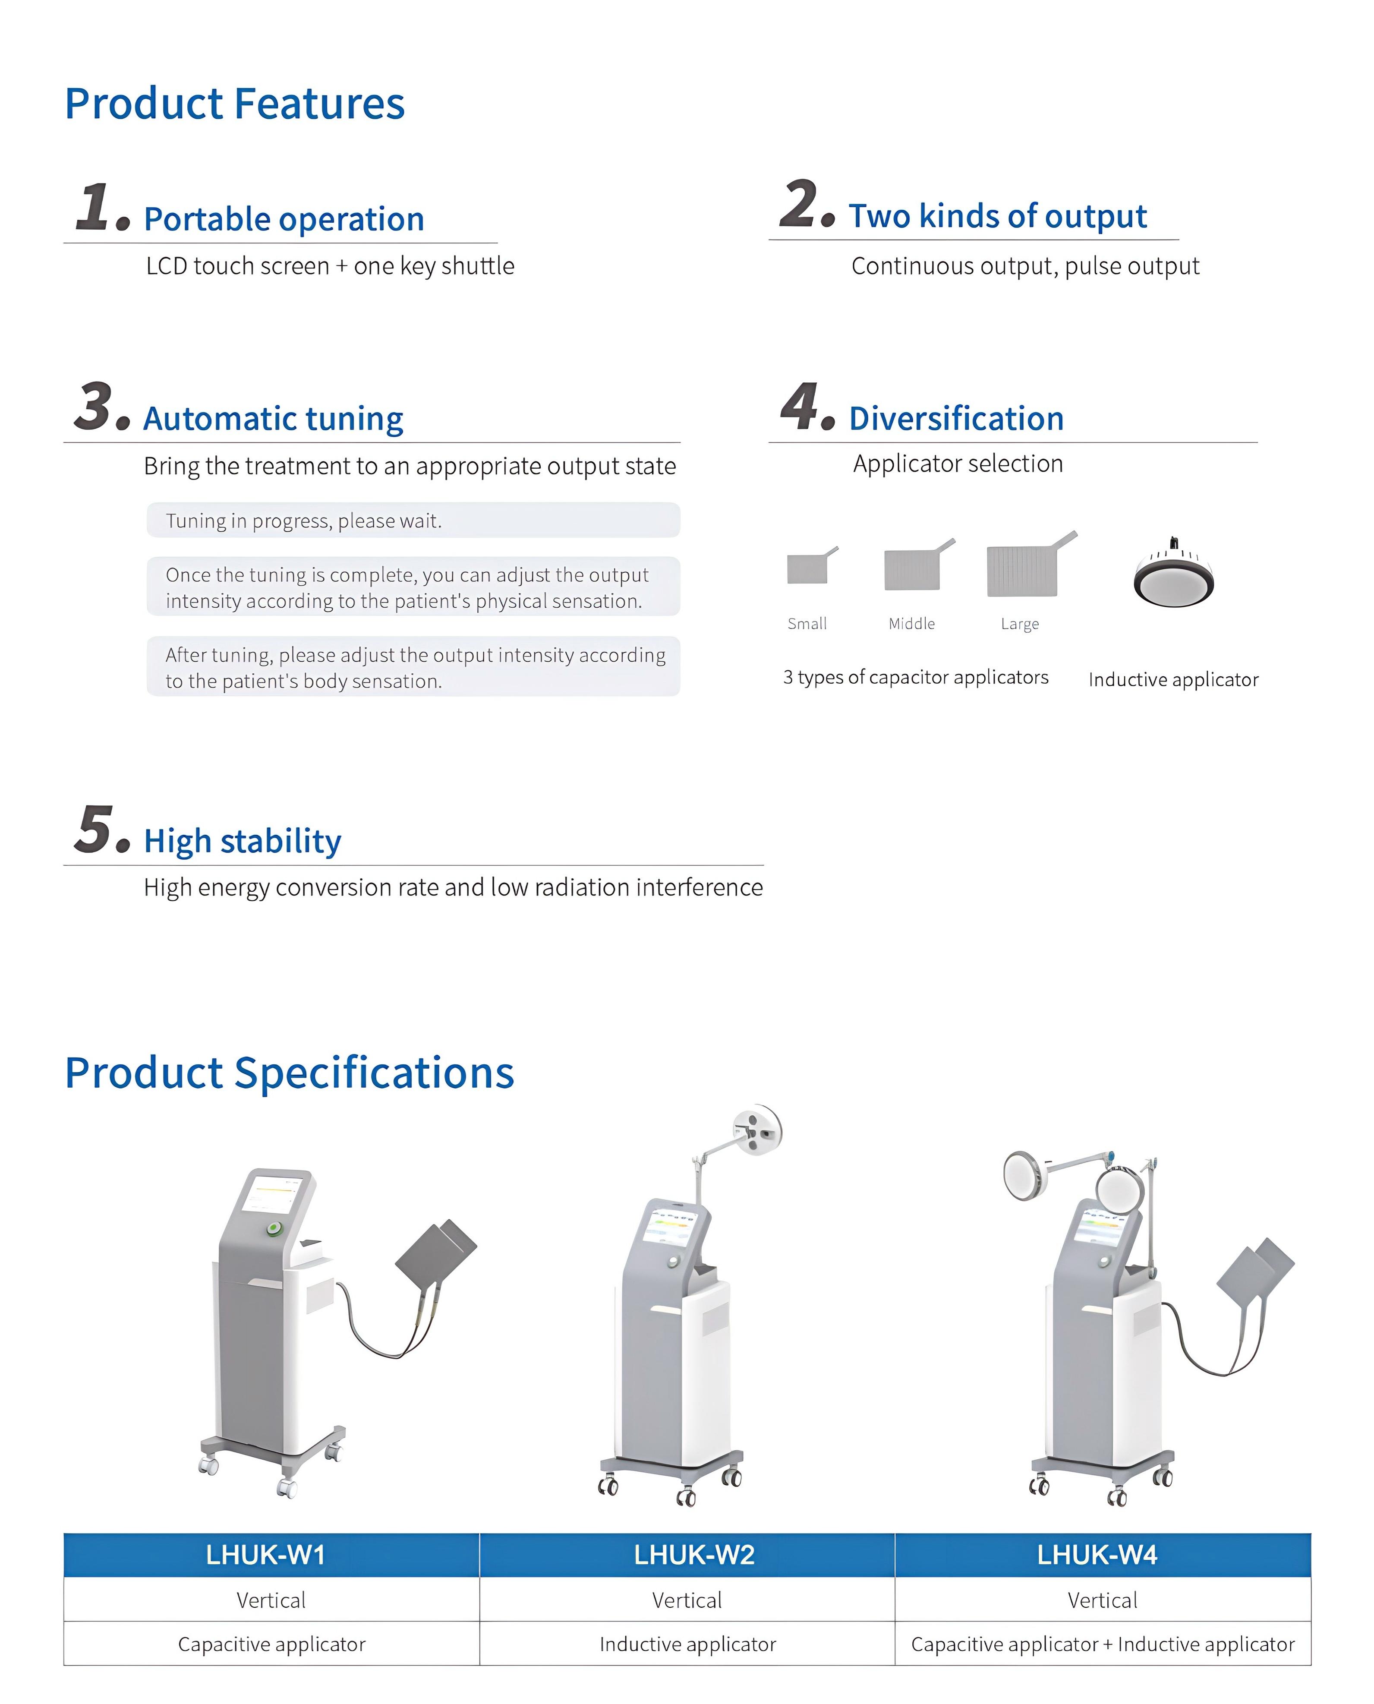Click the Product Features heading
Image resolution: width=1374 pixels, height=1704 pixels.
tap(234, 104)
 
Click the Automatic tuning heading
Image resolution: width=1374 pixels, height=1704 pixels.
tap(273, 419)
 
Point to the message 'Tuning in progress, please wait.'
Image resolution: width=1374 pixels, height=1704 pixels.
tap(304, 521)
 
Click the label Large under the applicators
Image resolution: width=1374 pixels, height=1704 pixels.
tap(1019, 625)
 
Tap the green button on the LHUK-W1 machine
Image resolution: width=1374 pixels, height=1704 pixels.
tap(274, 1229)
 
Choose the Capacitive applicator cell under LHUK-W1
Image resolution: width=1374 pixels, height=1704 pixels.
tap(271, 1644)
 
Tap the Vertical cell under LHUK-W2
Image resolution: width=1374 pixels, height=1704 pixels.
tap(687, 1600)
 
